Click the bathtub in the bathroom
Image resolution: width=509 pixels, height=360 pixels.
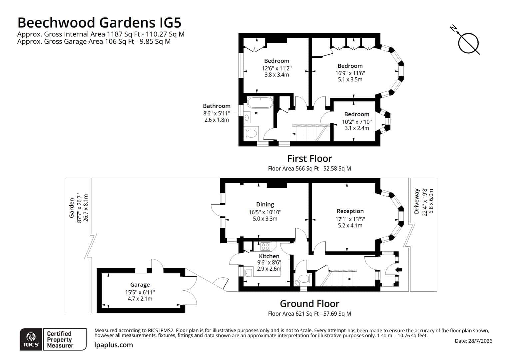coord(260,102)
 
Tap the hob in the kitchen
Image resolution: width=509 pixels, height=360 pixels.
coord(265,246)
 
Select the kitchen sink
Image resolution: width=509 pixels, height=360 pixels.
coord(248,272)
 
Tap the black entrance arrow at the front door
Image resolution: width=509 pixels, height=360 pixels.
coord(399,270)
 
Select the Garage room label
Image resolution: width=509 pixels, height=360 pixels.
coord(140,284)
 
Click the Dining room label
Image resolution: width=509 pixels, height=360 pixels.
coord(265,204)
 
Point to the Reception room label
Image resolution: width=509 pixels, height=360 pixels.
coord(350,211)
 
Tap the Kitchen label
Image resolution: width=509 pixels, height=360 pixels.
coord(269,256)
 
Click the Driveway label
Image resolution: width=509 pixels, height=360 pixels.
coord(416,201)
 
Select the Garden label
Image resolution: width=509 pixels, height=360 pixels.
coord(72,208)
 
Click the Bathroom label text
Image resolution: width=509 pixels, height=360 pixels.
coord(217,106)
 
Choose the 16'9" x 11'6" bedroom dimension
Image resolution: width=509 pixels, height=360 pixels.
coord(350,73)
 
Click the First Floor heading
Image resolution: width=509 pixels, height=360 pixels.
coord(309,159)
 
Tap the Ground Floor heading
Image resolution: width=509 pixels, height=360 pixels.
coord(309,304)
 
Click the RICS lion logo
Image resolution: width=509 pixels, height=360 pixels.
coord(31,337)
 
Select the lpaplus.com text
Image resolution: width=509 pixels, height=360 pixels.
coord(114,345)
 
